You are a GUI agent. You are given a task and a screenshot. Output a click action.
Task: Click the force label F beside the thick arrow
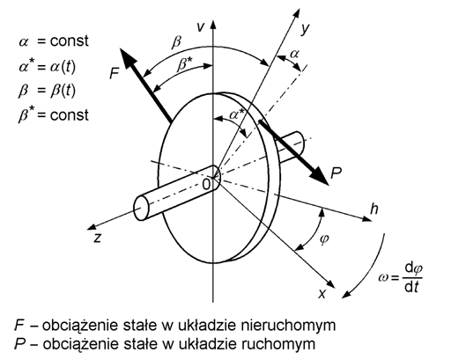click(x=115, y=73)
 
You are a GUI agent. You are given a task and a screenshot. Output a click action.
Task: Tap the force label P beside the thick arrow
click(x=336, y=173)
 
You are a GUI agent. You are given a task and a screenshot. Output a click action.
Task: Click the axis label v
click(x=201, y=27)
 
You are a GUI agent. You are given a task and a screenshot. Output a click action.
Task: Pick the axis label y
click(x=306, y=29)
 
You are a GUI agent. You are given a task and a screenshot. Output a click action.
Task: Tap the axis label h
click(x=374, y=209)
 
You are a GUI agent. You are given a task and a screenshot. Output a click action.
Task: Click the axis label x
click(x=322, y=294)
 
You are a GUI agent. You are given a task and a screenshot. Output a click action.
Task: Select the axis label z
click(x=98, y=238)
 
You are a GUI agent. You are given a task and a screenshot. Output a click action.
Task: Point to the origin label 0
click(x=206, y=185)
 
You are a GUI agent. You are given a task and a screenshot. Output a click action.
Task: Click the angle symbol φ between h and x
click(x=324, y=239)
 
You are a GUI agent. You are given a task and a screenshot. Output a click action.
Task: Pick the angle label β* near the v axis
click(x=185, y=64)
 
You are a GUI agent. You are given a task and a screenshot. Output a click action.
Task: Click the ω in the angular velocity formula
click(x=383, y=277)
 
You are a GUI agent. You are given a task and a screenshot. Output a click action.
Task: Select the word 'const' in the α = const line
click(x=69, y=40)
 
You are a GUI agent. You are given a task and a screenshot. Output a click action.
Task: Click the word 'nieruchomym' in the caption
click(x=288, y=326)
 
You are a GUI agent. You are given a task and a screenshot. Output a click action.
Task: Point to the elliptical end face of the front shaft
click(x=141, y=208)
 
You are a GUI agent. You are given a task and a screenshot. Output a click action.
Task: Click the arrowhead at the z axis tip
click(x=92, y=226)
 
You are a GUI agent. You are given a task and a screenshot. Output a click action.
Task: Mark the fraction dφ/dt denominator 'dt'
click(x=411, y=287)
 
